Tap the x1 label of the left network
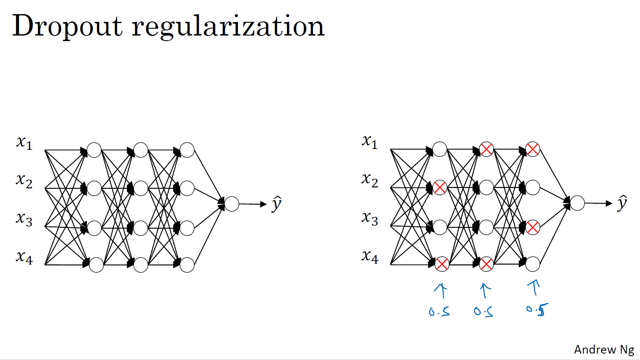tap(24, 143)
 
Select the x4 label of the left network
tap(24, 258)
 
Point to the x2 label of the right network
tap(370, 180)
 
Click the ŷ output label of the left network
tap(276, 204)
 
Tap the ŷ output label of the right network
tap(622, 203)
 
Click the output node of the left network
tap(231, 204)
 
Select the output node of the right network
tap(577, 203)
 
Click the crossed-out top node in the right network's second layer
tap(486, 149)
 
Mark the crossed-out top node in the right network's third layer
tap(533, 149)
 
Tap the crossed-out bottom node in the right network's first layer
tap(441, 264)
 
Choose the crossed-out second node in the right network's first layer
tap(440, 187)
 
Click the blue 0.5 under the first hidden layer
tap(439, 311)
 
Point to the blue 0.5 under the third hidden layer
tap(536, 309)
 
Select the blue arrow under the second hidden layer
tap(485, 291)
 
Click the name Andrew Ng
tap(604, 350)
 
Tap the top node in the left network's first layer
tap(94, 150)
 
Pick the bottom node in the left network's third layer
tap(187, 265)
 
